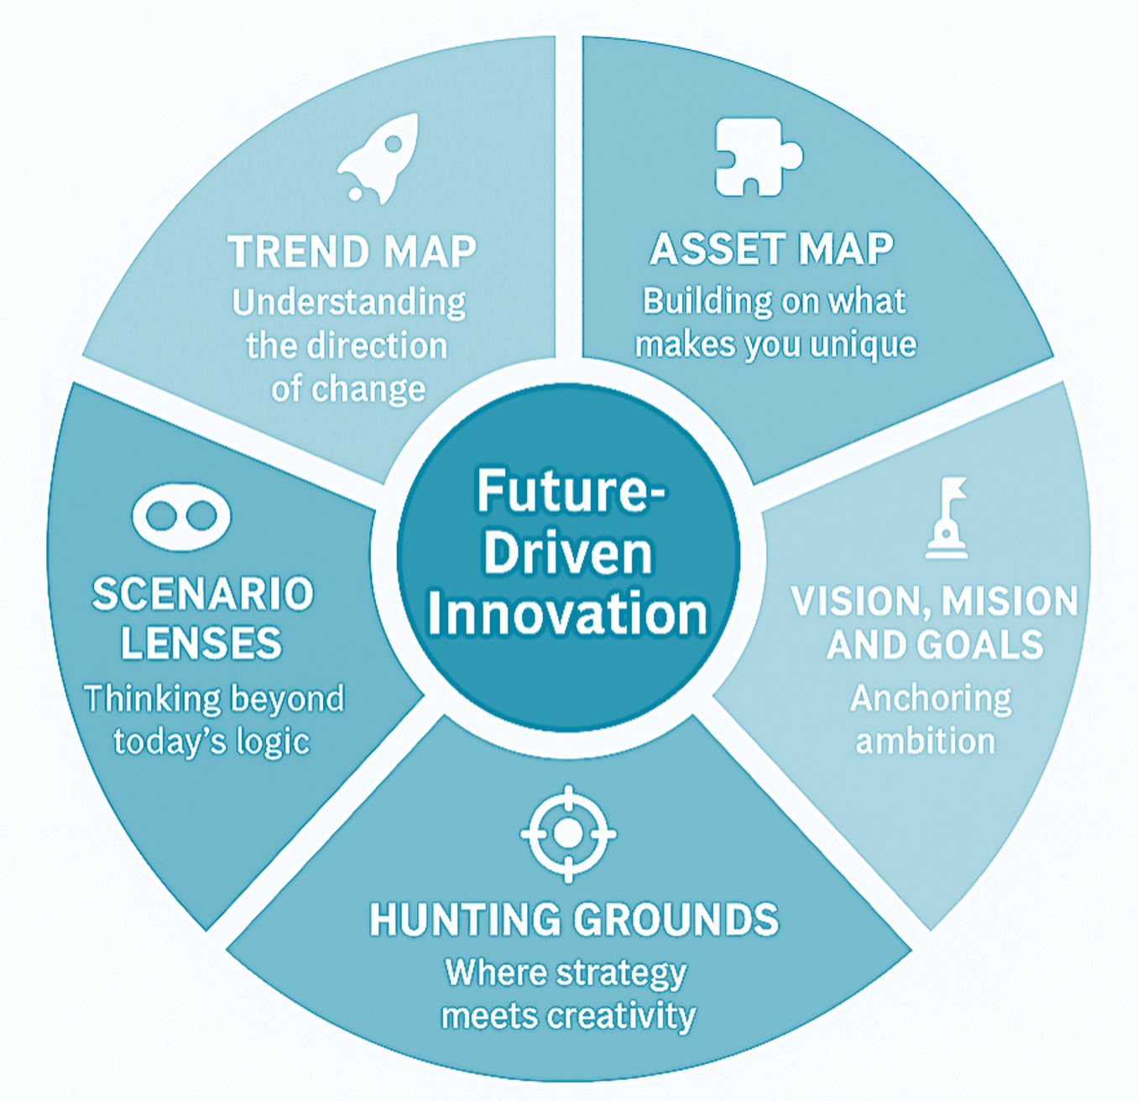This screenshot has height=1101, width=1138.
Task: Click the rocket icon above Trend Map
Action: pos(379,159)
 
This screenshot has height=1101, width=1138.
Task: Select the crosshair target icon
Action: pos(568,833)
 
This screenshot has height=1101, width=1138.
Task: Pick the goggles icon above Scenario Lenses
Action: pos(181,515)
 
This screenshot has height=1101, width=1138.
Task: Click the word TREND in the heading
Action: pos(298,252)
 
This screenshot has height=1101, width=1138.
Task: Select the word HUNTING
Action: pos(465,920)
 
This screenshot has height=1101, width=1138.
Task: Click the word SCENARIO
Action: pos(202,594)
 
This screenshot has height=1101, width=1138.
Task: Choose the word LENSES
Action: pos(201,644)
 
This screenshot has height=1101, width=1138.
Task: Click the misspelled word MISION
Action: pos(1010,602)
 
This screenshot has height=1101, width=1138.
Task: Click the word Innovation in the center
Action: pos(568,613)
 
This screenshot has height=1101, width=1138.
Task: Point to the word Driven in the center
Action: pos(567,553)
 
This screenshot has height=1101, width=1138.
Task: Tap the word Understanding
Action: pos(348,303)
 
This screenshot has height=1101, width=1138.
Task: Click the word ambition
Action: pos(925,742)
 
